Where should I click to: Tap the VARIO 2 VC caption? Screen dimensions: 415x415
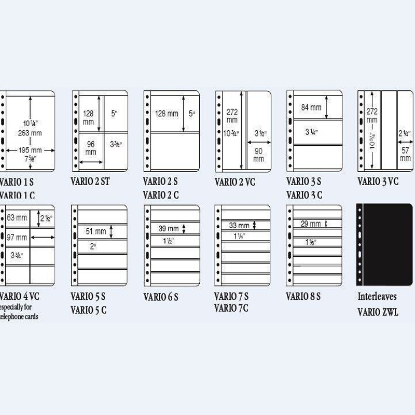point(234,182)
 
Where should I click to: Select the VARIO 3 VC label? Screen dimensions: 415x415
point(378,182)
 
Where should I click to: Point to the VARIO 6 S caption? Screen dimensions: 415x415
point(161,297)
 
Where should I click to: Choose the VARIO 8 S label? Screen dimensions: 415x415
point(303,297)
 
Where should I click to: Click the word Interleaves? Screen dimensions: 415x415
point(377,297)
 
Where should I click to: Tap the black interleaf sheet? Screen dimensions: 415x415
point(384,244)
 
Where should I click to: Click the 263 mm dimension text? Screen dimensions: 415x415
point(30,132)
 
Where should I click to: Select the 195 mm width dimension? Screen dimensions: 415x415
point(30,150)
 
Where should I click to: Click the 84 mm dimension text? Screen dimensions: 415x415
point(311,107)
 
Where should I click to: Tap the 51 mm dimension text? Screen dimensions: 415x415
point(96,232)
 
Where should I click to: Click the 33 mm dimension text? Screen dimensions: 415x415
point(239,226)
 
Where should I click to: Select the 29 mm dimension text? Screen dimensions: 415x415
point(311,224)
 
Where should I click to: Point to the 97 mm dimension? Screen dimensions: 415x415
point(17,238)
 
